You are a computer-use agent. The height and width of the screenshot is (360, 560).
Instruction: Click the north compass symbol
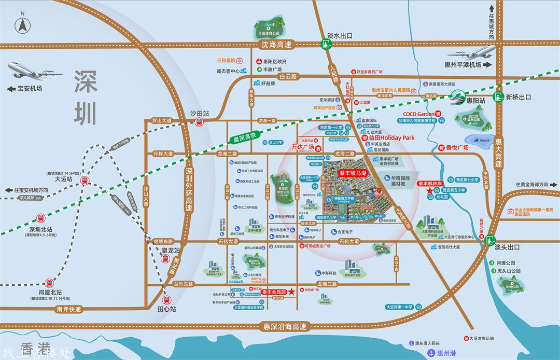click(x=23, y=24)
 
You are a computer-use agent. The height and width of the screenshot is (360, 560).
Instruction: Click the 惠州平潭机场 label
click(x=463, y=65)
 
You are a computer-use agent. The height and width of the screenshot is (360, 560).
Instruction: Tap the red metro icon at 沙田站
click(x=198, y=122)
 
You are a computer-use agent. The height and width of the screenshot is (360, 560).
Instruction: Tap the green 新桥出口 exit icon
click(x=498, y=97)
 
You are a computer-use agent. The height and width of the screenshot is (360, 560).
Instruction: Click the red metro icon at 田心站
click(x=166, y=299)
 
